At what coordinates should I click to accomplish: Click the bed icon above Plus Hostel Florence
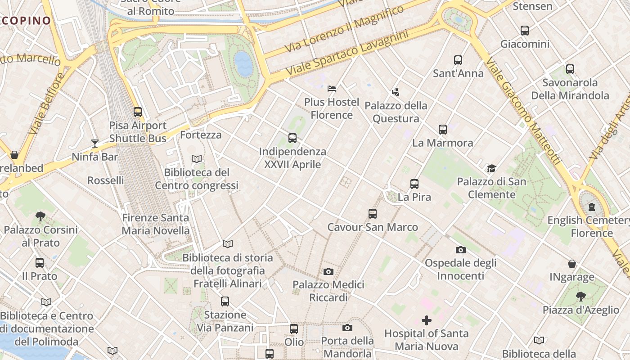pyautogui.click(x=332, y=89)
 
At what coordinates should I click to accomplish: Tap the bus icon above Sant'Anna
pyautogui.click(x=458, y=60)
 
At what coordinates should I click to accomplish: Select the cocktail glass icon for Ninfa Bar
pyautogui.click(x=95, y=144)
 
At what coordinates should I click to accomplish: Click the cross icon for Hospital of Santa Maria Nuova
pyautogui.click(x=426, y=320)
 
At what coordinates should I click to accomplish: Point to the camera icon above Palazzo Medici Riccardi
pyautogui.click(x=328, y=271)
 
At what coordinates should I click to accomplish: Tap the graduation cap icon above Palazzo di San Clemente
pyautogui.click(x=491, y=169)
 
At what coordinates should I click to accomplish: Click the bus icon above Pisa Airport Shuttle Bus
pyautogui.click(x=138, y=112)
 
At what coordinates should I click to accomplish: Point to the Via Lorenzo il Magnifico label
pyautogui.click(x=344, y=27)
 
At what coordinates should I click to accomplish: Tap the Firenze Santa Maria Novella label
pyautogui.click(x=156, y=224)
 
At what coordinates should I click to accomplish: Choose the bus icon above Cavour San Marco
pyautogui.click(x=372, y=214)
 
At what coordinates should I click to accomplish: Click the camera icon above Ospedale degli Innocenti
pyautogui.click(x=460, y=250)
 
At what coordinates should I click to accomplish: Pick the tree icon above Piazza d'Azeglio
pyautogui.click(x=580, y=297)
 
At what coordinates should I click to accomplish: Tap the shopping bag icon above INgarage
pyautogui.click(x=571, y=264)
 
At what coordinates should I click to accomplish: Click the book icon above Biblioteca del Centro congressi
pyautogui.click(x=197, y=159)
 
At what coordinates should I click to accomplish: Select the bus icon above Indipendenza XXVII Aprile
pyautogui.click(x=292, y=138)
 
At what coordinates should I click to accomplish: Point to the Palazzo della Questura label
pyautogui.click(x=396, y=112)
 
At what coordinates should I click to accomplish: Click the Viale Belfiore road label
pyautogui.click(x=47, y=104)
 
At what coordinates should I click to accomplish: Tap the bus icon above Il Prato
pyautogui.click(x=40, y=263)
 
